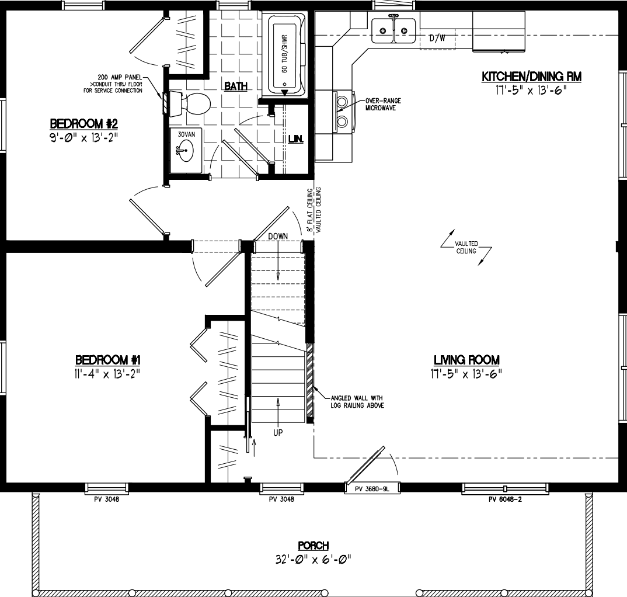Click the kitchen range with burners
(342, 111)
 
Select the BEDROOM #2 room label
(84, 124)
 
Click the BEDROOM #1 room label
(107, 359)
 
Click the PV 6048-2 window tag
(506, 499)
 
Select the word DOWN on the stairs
(279, 236)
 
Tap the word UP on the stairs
(278, 433)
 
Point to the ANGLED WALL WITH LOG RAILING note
(357, 402)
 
